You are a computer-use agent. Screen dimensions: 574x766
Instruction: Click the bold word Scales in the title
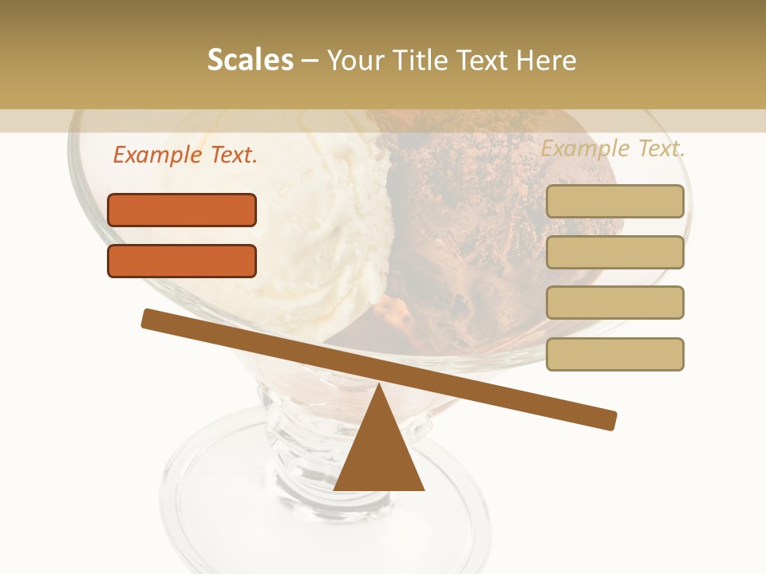tap(250, 60)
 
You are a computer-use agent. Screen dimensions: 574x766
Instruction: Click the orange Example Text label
tap(185, 155)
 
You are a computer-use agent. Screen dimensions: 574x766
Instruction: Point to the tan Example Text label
tap(613, 148)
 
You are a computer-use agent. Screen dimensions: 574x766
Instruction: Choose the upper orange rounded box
tap(182, 210)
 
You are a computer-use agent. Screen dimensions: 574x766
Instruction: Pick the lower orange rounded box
tap(182, 261)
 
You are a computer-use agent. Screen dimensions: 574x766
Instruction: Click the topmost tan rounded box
tap(614, 201)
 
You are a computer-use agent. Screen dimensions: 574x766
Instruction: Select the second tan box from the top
tap(614, 252)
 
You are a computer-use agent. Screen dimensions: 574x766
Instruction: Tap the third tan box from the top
tap(614, 302)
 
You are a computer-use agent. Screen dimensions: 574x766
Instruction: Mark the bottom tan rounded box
tap(614, 354)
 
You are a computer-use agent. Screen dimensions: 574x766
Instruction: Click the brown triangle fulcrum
tap(379, 454)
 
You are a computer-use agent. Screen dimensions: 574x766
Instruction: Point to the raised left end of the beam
tap(152, 318)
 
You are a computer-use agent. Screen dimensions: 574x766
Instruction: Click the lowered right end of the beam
tap(606, 419)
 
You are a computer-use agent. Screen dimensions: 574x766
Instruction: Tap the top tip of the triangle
tap(379, 386)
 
